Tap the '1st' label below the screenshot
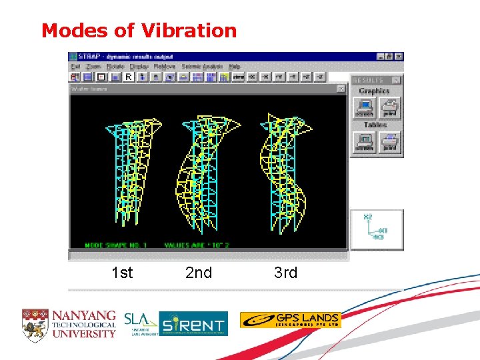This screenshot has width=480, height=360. pos(121,273)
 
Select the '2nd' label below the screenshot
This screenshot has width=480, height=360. pos(198,273)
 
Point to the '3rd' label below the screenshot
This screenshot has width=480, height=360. pos(285,273)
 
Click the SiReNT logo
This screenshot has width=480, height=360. pos(193,323)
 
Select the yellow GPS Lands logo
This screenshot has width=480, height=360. pos(290,320)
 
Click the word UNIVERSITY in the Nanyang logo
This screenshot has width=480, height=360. pos(84,333)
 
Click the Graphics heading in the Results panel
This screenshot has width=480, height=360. pos(373,91)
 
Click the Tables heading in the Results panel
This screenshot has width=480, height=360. pos(375,125)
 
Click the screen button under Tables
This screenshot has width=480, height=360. pos(364,142)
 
